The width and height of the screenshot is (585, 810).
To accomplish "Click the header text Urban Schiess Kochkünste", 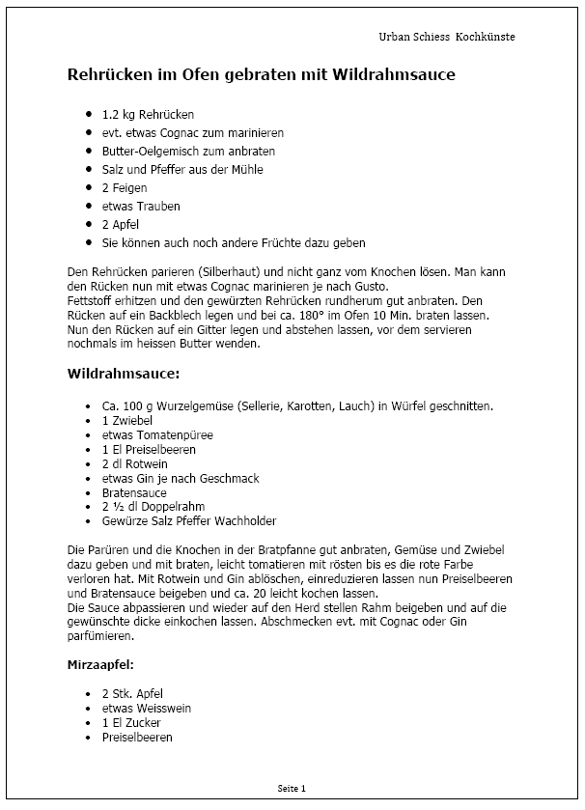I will (447, 37).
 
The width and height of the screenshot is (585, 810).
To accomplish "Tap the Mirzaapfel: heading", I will (100, 665).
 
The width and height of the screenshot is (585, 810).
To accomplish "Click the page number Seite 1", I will (292, 788).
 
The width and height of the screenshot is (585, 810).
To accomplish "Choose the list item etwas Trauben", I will (141, 206).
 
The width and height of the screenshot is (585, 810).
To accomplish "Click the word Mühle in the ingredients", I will (245, 169).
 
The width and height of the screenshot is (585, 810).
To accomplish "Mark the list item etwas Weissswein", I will (146, 708).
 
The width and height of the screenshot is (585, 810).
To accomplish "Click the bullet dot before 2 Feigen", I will (89, 187).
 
